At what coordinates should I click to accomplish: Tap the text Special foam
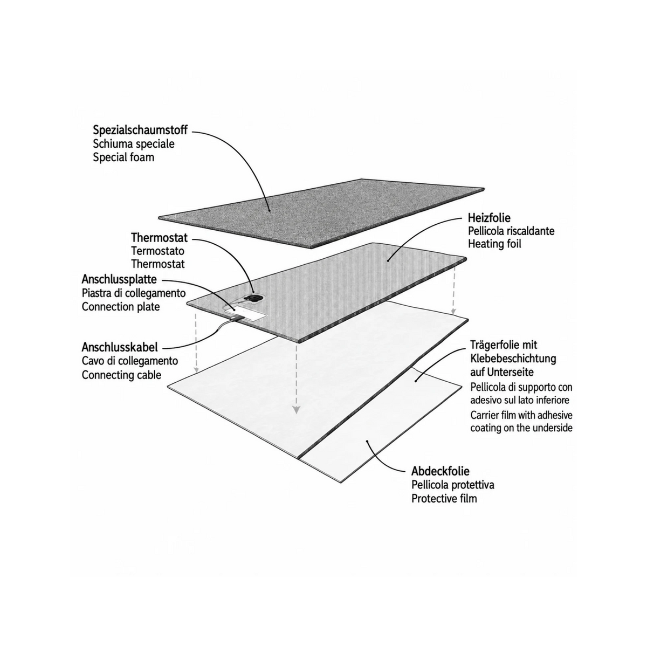pyautogui.click(x=123, y=157)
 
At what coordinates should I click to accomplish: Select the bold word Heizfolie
pyautogui.click(x=489, y=218)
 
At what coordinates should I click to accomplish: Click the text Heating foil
pyautogui.click(x=494, y=244)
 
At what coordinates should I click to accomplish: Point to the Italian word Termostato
pyautogui.click(x=158, y=251)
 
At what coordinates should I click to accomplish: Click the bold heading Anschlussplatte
pyautogui.click(x=119, y=279)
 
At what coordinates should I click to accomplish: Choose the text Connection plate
pyautogui.click(x=121, y=307)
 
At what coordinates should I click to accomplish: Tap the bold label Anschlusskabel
pyautogui.click(x=120, y=347)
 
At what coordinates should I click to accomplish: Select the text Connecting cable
pyautogui.click(x=121, y=375)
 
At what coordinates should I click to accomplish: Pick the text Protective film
pyautogui.click(x=444, y=499)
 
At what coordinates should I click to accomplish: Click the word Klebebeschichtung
pyautogui.click(x=513, y=359)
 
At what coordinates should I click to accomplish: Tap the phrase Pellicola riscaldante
pyautogui.click(x=511, y=231)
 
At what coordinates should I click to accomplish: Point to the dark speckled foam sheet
pyautogui.click(x=321, y=213)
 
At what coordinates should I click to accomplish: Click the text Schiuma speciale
pyautogui.click(x=134, y=144)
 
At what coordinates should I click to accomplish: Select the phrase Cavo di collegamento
pyautogui.click(x=130, y=361)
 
